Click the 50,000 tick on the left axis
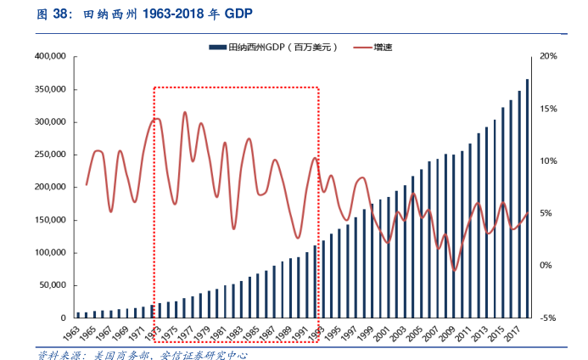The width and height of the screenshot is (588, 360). pyautogui.click(x=53, y=285)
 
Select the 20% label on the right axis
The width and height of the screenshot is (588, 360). pyautogui.click(x=547, y=57)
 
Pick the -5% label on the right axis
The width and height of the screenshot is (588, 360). pyautogui.click(x=547, y=318)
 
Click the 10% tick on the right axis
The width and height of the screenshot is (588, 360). pyautogui.click(x=547, y=161)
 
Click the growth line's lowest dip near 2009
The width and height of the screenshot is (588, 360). pyautogui.click(x=455, y=271)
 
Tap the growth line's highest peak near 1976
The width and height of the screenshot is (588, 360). pyautogui.click(x=184, y=112)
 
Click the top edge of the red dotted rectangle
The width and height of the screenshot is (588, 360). pyautogui.click(x=236, y=87)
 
